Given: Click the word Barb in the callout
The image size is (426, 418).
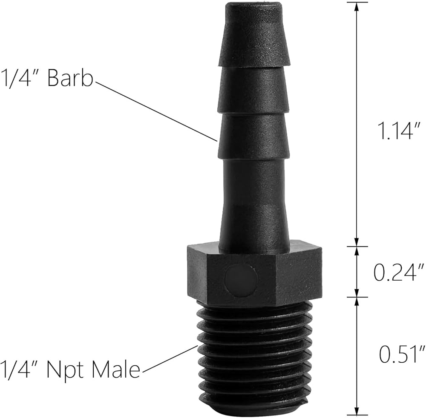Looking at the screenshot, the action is [x=70, y=78].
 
